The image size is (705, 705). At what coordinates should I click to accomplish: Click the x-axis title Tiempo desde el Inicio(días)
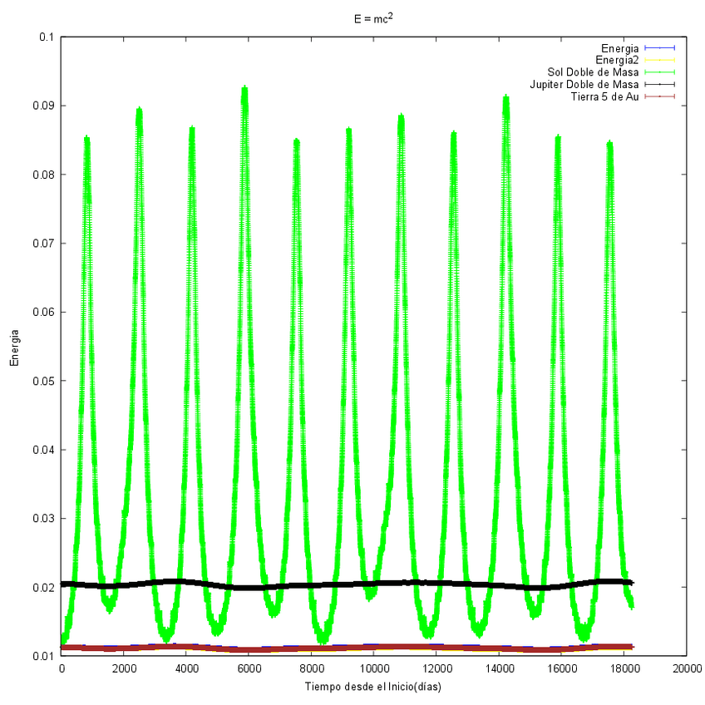[372, 687]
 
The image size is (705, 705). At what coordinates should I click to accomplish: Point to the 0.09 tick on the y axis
[42, 106]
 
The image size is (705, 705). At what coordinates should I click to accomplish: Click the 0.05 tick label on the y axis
[42, 381]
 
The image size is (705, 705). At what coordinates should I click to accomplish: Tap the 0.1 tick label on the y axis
[46, 37]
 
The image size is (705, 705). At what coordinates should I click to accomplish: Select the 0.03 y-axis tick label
[42, 519]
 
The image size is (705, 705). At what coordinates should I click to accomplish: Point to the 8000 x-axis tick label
[311, 668]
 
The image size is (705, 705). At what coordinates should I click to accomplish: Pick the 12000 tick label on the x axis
[436, 668]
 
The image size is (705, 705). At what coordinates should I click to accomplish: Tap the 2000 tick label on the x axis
[124, 668]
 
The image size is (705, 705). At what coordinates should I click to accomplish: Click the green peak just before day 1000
[86, 139]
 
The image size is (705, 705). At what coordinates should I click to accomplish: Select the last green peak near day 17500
[610, 144]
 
